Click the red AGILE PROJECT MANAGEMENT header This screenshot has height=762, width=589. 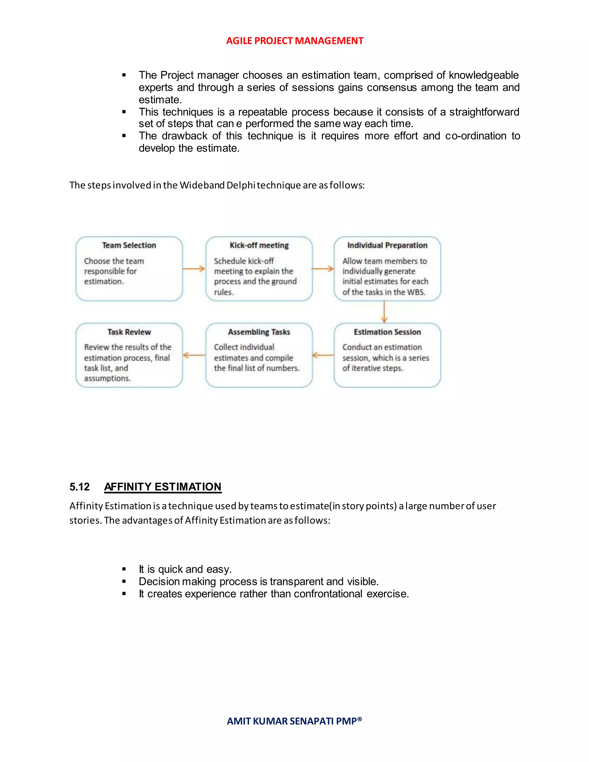(x=294, y=41)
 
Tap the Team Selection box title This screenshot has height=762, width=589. (x=129, y=245)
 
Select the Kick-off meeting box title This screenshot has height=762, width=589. (x=259, y=245)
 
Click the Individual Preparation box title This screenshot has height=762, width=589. (x=387, y=245)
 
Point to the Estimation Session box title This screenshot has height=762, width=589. (x=387, y=332)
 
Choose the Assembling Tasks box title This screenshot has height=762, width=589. (x=259, y=332)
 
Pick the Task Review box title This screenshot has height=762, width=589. (x=129, y=332)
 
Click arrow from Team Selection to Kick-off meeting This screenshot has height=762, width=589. (x=194, y=269)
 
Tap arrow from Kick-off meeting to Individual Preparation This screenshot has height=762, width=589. (x=323, y=269)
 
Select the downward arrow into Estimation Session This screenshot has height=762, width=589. (x=384, y=312)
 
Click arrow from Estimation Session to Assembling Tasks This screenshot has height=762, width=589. (x=323, y=355)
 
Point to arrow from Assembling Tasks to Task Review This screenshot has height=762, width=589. (x=194, y=355)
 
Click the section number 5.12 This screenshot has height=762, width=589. (x=80, y=487)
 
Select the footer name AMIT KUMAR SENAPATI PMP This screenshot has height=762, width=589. (x=294, y=721)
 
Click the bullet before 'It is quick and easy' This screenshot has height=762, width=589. (x=124, y=569)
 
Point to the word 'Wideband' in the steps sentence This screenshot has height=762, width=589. (x=202, y=185)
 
